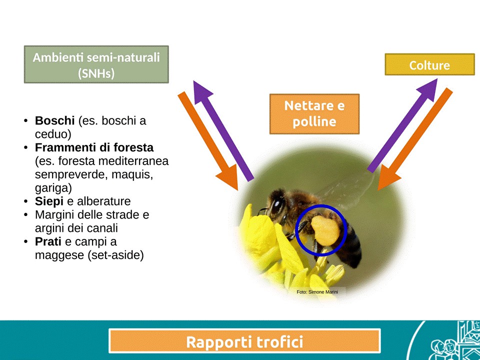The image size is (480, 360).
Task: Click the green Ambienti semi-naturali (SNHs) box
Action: coord(96,64)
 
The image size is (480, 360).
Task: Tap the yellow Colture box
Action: coord(429,64)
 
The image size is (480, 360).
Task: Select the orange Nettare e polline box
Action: coord(314,114)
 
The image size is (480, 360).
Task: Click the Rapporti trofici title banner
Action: coord(244,340)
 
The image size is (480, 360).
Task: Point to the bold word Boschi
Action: coord(55,120)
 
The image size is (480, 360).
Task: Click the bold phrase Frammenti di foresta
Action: coord(94,147)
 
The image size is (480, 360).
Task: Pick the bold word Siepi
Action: coord(49,201)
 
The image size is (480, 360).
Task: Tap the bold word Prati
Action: coord(48,241)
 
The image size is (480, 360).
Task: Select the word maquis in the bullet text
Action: coord(132,175)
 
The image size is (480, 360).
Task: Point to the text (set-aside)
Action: coord(115,255)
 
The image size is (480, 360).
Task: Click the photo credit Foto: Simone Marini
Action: coord(317,292)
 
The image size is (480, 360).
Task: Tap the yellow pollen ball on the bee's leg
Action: coord(325,230)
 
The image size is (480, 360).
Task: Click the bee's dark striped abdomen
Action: coord(350,245)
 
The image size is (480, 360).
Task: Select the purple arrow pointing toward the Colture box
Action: coord(403,125)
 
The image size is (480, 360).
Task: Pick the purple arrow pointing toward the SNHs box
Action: coord(223,130)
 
